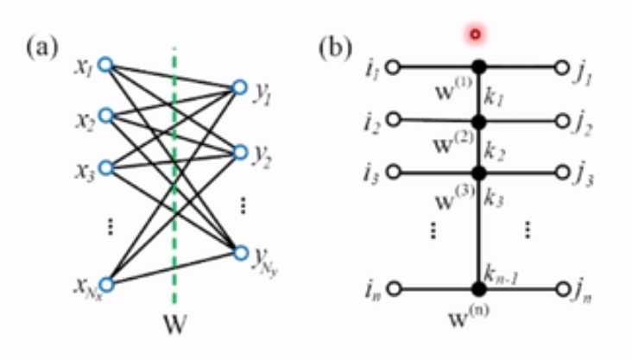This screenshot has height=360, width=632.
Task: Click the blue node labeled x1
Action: click(x=105, y=64)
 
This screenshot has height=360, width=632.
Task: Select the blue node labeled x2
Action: click(x=105, y=115)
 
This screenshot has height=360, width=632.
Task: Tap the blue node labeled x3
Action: click(x=105, y=166)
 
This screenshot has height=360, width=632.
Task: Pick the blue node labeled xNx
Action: click(x=105, y=284)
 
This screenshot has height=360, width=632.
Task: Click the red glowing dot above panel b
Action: click(x=474, y=35)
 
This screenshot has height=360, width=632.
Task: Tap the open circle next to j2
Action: click(x=562, y=121)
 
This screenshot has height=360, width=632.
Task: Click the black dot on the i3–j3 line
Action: click(x=479, y=173)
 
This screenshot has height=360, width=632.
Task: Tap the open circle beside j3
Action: click(x=562, y=173)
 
